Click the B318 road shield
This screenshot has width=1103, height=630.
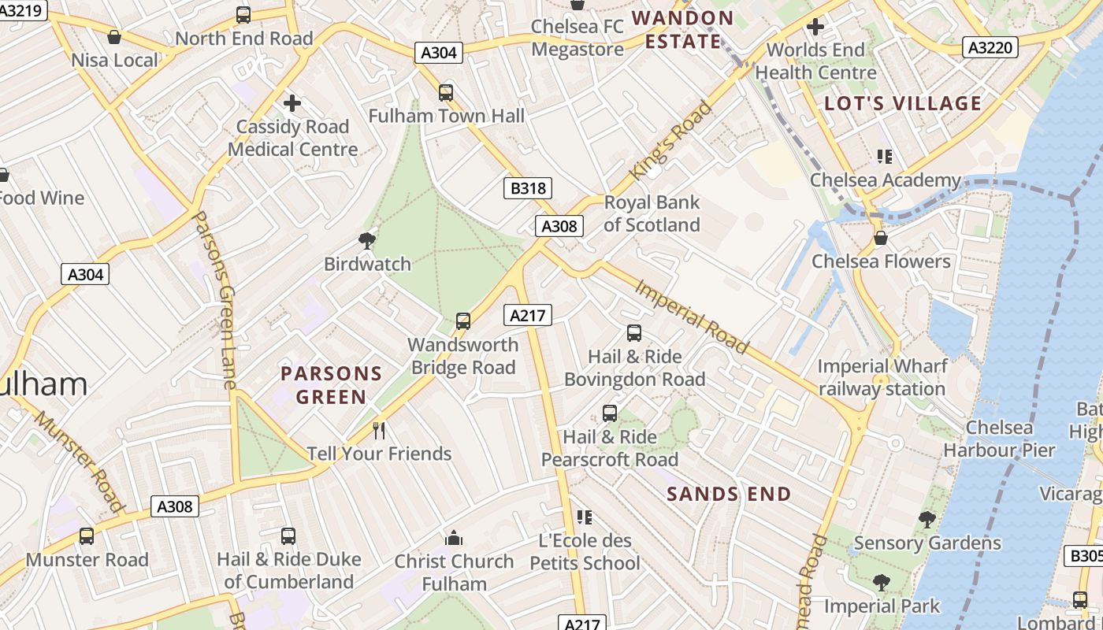pos(527,188)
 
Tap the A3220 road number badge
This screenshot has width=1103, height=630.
pos(990,48)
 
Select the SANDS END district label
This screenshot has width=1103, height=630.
pos(729,495)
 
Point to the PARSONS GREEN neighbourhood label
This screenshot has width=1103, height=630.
pos(331,385)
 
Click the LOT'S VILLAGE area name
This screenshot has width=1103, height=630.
pos(903,103)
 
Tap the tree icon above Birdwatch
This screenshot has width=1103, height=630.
pos(366,240)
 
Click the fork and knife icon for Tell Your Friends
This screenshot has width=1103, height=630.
pos(379,430)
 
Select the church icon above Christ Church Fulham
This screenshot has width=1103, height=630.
pos(454,538)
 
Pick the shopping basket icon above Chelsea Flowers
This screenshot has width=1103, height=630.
pos(881,237)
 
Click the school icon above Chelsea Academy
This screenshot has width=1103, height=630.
pos(885,157)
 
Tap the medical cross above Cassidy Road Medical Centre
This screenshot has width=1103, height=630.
pos(292,103)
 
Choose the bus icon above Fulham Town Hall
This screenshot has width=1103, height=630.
pos(446,93)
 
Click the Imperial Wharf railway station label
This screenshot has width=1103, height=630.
pos(882,377)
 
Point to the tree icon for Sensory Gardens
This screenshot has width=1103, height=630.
pos(927,519)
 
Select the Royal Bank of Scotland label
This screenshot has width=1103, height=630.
pos(652,213)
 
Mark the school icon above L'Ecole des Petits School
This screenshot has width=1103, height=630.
pos(585,517)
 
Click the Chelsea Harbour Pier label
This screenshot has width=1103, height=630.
pos(999,439)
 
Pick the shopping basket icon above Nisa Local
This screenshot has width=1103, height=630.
pos(114,36)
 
